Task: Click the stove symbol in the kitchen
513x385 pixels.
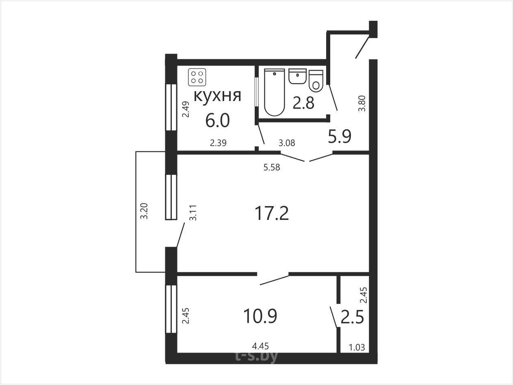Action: point(197,77)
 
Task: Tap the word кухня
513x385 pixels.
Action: point(217,96)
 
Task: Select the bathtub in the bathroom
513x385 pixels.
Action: point(275,92)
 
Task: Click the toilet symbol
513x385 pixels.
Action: point(316,81)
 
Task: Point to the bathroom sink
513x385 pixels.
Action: point(297,76)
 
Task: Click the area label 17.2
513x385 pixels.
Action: point(272,213)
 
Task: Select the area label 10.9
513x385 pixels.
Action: point(260,316)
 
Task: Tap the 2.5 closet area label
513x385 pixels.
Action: point(352,317)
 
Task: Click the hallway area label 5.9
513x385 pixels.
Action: point(340,136)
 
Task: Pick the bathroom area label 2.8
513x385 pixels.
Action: point(303,103)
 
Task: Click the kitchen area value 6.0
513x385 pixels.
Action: point(217,120)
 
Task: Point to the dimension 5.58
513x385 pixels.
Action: point(272,167)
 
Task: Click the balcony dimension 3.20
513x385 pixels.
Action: point(144,211)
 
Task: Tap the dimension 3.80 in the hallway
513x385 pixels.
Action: point(362,103)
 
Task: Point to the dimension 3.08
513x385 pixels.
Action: point(287,143)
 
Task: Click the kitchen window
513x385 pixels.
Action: point(171,107)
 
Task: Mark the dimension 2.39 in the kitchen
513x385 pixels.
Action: point(218,143)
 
